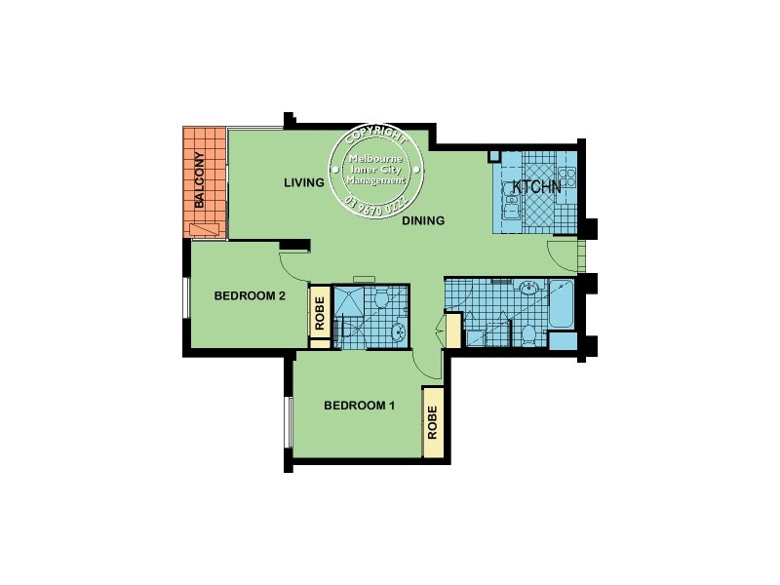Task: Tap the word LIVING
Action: (303, 182)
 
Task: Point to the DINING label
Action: (423, 220)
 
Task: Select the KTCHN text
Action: (533, 186)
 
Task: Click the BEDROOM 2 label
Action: (249, 297)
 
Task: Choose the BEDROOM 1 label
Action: (359, 406)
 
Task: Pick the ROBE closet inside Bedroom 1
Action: (433, 422)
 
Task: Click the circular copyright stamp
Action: (378, 172)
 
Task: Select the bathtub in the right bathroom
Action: (562, 303)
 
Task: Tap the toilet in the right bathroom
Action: (527, 334)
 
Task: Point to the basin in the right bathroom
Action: (527, 289)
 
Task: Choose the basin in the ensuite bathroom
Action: (396, 331)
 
